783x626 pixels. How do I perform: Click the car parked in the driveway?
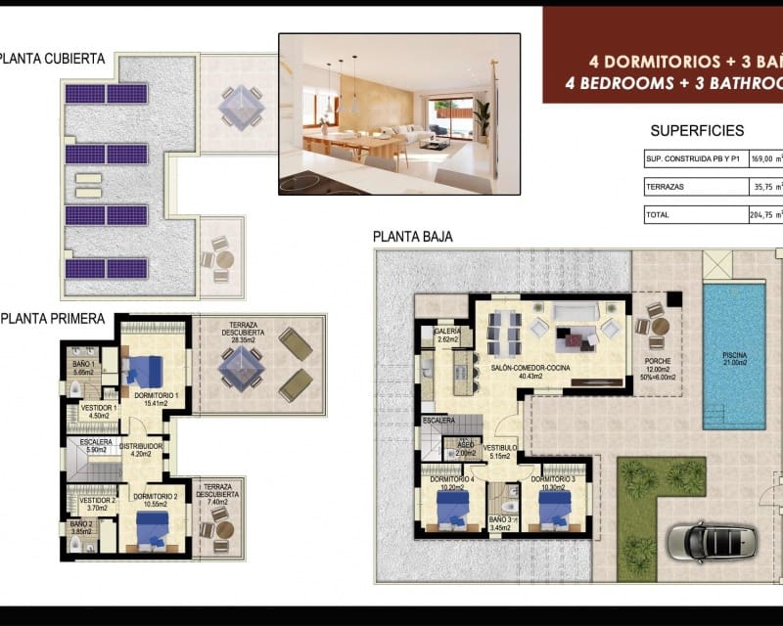[x=712, y=538]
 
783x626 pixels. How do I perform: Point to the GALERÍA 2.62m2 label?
[x=447, y=335]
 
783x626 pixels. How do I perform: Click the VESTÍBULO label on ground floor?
[x=501, y=451]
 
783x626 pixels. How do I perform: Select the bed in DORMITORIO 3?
[x=555, y=509]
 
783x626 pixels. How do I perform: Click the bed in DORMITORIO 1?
[x=144, y=372]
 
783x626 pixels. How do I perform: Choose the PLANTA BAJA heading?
[x=412, y=236]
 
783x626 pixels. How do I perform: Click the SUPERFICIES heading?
[x=697, y=130]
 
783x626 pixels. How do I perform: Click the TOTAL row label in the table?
[x=659, y=214]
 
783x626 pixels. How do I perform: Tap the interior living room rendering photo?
[x=398, y=113]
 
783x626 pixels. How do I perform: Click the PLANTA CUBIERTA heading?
[x=53, y=59]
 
